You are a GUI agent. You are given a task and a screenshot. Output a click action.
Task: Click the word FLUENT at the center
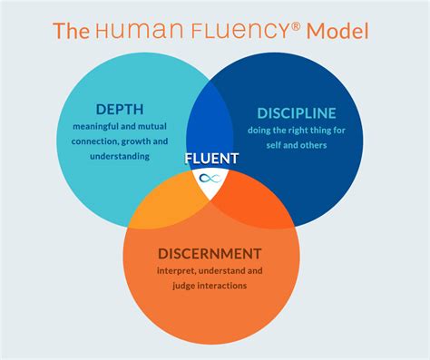click(211, 159)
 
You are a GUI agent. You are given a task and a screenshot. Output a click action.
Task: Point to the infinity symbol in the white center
click(210, 178)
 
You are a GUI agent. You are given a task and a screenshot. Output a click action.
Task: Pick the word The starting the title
click(72, 31)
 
